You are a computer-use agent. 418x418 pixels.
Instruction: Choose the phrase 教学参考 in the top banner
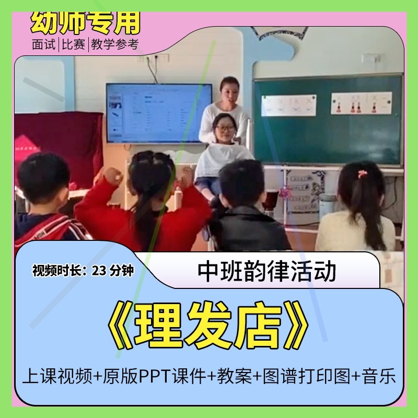tap(114, 45)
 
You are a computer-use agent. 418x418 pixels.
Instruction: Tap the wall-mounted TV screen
tap(159, 112)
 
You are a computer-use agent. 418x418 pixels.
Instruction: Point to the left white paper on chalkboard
tap(288, 105)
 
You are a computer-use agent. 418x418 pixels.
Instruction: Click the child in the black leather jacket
tap(246, 214)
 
